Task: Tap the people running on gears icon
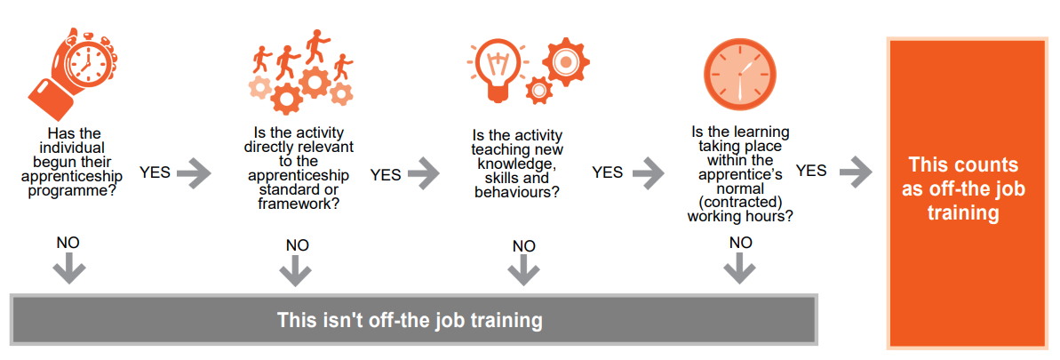(300, 71)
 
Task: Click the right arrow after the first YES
(194, 173)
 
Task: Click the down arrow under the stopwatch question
(69, 271)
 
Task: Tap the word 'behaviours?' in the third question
(516, 191)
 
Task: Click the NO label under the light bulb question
(524, 245)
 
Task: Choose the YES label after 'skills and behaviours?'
(608, 172)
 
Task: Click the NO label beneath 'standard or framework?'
(298, 244)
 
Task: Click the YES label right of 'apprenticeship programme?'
(155, 172)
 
